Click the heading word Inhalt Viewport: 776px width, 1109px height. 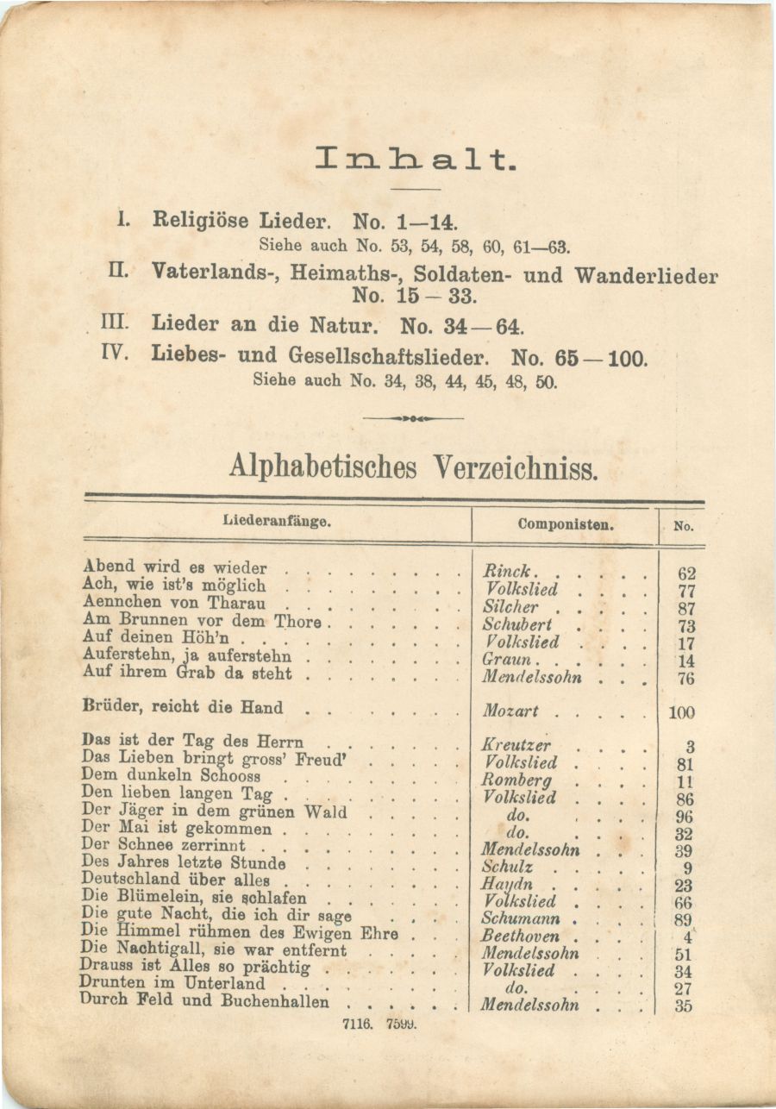point(415,159)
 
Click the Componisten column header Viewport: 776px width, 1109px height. point(566,523)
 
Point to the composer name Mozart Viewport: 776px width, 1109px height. point(510,711)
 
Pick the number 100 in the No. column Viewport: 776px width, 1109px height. point(681,713)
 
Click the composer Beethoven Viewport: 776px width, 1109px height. point(520,936)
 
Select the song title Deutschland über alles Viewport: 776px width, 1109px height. point(176,880)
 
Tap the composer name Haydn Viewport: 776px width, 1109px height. point(507,884)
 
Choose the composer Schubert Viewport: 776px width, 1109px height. point(517,624)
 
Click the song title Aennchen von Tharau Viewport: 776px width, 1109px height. point(174,603)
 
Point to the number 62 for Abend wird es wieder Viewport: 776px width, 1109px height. point(686,573)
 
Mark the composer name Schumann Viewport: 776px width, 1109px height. point(521,918)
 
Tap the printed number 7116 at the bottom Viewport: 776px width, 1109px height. point(356,1024)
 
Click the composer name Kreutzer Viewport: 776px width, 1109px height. point(516,745)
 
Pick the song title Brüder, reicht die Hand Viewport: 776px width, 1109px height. point(182,707)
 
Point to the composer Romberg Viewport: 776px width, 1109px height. point(517,780)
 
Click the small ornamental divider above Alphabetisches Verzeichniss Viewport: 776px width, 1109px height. point(413,418)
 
